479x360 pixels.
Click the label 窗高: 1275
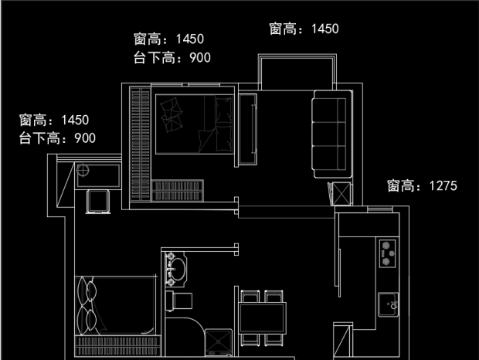(x=423, y=185)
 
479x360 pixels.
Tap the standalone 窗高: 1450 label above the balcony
(x=304, y=29)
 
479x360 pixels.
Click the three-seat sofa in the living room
(x=330, y=133)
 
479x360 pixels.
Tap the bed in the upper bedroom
(x=194, y=124)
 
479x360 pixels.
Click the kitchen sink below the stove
(x=389, y=304)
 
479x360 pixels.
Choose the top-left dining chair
(x=250, y=297)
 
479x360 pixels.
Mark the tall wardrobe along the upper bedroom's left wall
(x=140, y=143)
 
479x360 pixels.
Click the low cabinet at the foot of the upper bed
(x=178, y=189)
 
